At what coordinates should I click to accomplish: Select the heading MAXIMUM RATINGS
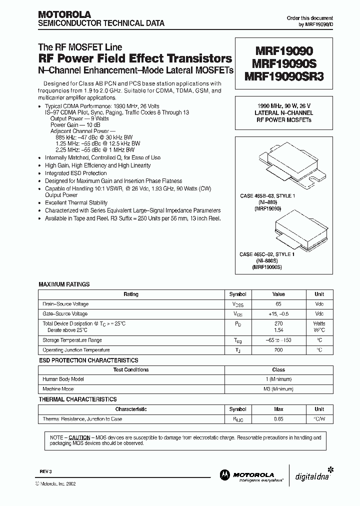point(64,284)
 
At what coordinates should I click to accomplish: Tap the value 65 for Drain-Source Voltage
point(278,304)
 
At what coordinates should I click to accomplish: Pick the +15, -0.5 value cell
point(278,314)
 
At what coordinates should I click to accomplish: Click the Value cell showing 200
point(278,350)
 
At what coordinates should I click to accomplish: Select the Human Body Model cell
point(63,379)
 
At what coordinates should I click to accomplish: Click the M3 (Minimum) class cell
point(278,388)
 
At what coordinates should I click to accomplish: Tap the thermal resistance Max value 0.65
point(278,419)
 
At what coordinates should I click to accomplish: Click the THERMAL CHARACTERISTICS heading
point(77,399)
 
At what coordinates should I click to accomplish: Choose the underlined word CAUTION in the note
point(79,437)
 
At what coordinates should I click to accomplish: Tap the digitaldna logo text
point(309,476)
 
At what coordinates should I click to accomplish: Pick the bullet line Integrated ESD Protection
point(76,173)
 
